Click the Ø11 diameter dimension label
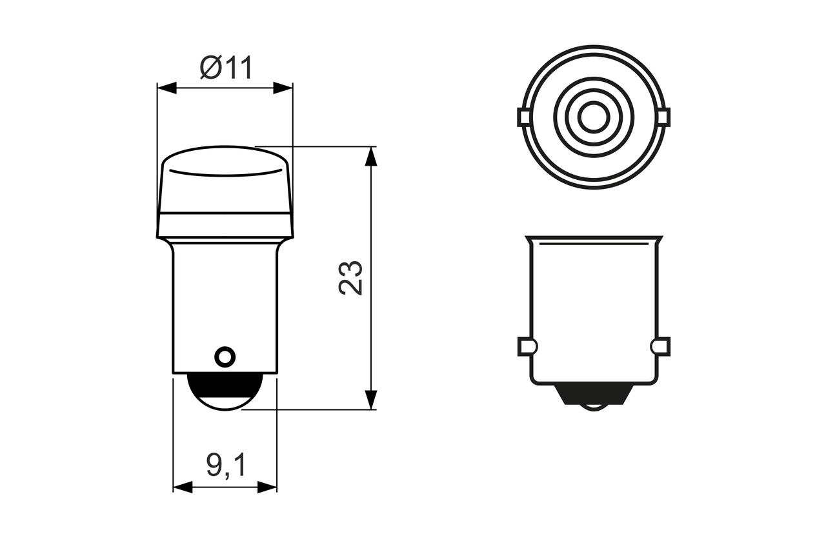point(225,67)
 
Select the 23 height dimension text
point(352,278)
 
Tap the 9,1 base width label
point(226,465)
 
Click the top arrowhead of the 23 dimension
point(370,157)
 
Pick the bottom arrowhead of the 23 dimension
point(370,400)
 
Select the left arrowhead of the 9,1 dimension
point(183,487)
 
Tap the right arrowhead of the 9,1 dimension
point(267,487)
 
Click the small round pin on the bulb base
point(225,355)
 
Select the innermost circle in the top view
point(593,117)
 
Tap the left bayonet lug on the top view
point(524,117)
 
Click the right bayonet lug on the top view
point(663,117)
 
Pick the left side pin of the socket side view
point(526,347)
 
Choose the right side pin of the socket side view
point(661,347)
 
